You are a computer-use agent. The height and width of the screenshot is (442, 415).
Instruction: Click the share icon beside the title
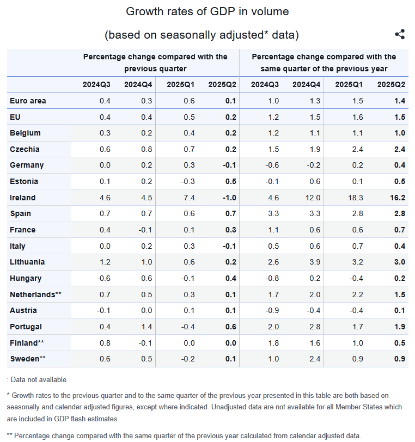[x=400, y=34]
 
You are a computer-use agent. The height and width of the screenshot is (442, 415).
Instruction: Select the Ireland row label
[x=22, y=198]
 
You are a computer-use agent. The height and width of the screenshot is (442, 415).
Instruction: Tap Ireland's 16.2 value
[x=399, y=198]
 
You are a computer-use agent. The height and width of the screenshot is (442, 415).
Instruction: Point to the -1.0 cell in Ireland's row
[x=229, y=198]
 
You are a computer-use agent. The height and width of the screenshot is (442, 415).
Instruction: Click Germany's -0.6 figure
[x=272, y=165]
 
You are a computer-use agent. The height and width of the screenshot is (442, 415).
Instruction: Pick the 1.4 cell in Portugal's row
[x=147, y=327]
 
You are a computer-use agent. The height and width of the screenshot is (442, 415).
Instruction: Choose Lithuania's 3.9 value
[x=315, y=262]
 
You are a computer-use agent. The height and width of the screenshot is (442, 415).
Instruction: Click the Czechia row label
[x=25, y=149]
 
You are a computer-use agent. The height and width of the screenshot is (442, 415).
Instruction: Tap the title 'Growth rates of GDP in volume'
[x=207, y=11]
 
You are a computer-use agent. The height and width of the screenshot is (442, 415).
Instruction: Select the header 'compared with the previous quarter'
[x=155, y=63]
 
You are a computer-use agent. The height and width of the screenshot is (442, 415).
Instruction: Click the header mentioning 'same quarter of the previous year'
[x=324, y=63]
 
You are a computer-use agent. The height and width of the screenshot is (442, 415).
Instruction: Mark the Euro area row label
[x=28, y=101]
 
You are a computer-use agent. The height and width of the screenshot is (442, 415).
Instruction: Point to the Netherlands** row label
[x=35, y=294]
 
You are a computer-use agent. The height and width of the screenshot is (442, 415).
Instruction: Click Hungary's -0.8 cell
[x=272, y=278]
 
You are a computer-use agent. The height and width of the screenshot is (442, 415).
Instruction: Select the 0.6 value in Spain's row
[x=189, y=213]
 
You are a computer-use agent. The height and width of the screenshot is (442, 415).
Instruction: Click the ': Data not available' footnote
[x=36, y=379]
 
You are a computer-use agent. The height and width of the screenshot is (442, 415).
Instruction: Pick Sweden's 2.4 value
[x=315, y=359]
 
